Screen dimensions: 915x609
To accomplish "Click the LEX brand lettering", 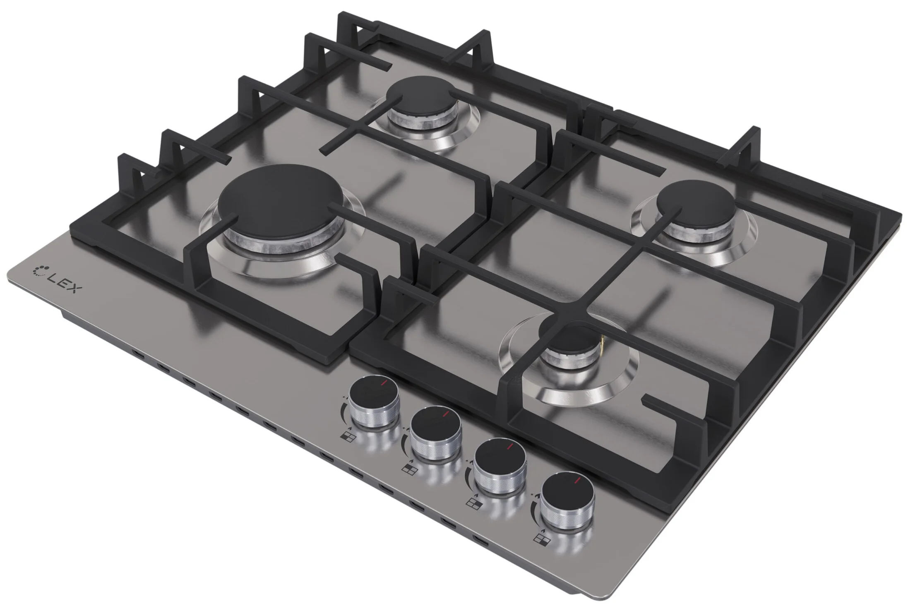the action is pos(61,284).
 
